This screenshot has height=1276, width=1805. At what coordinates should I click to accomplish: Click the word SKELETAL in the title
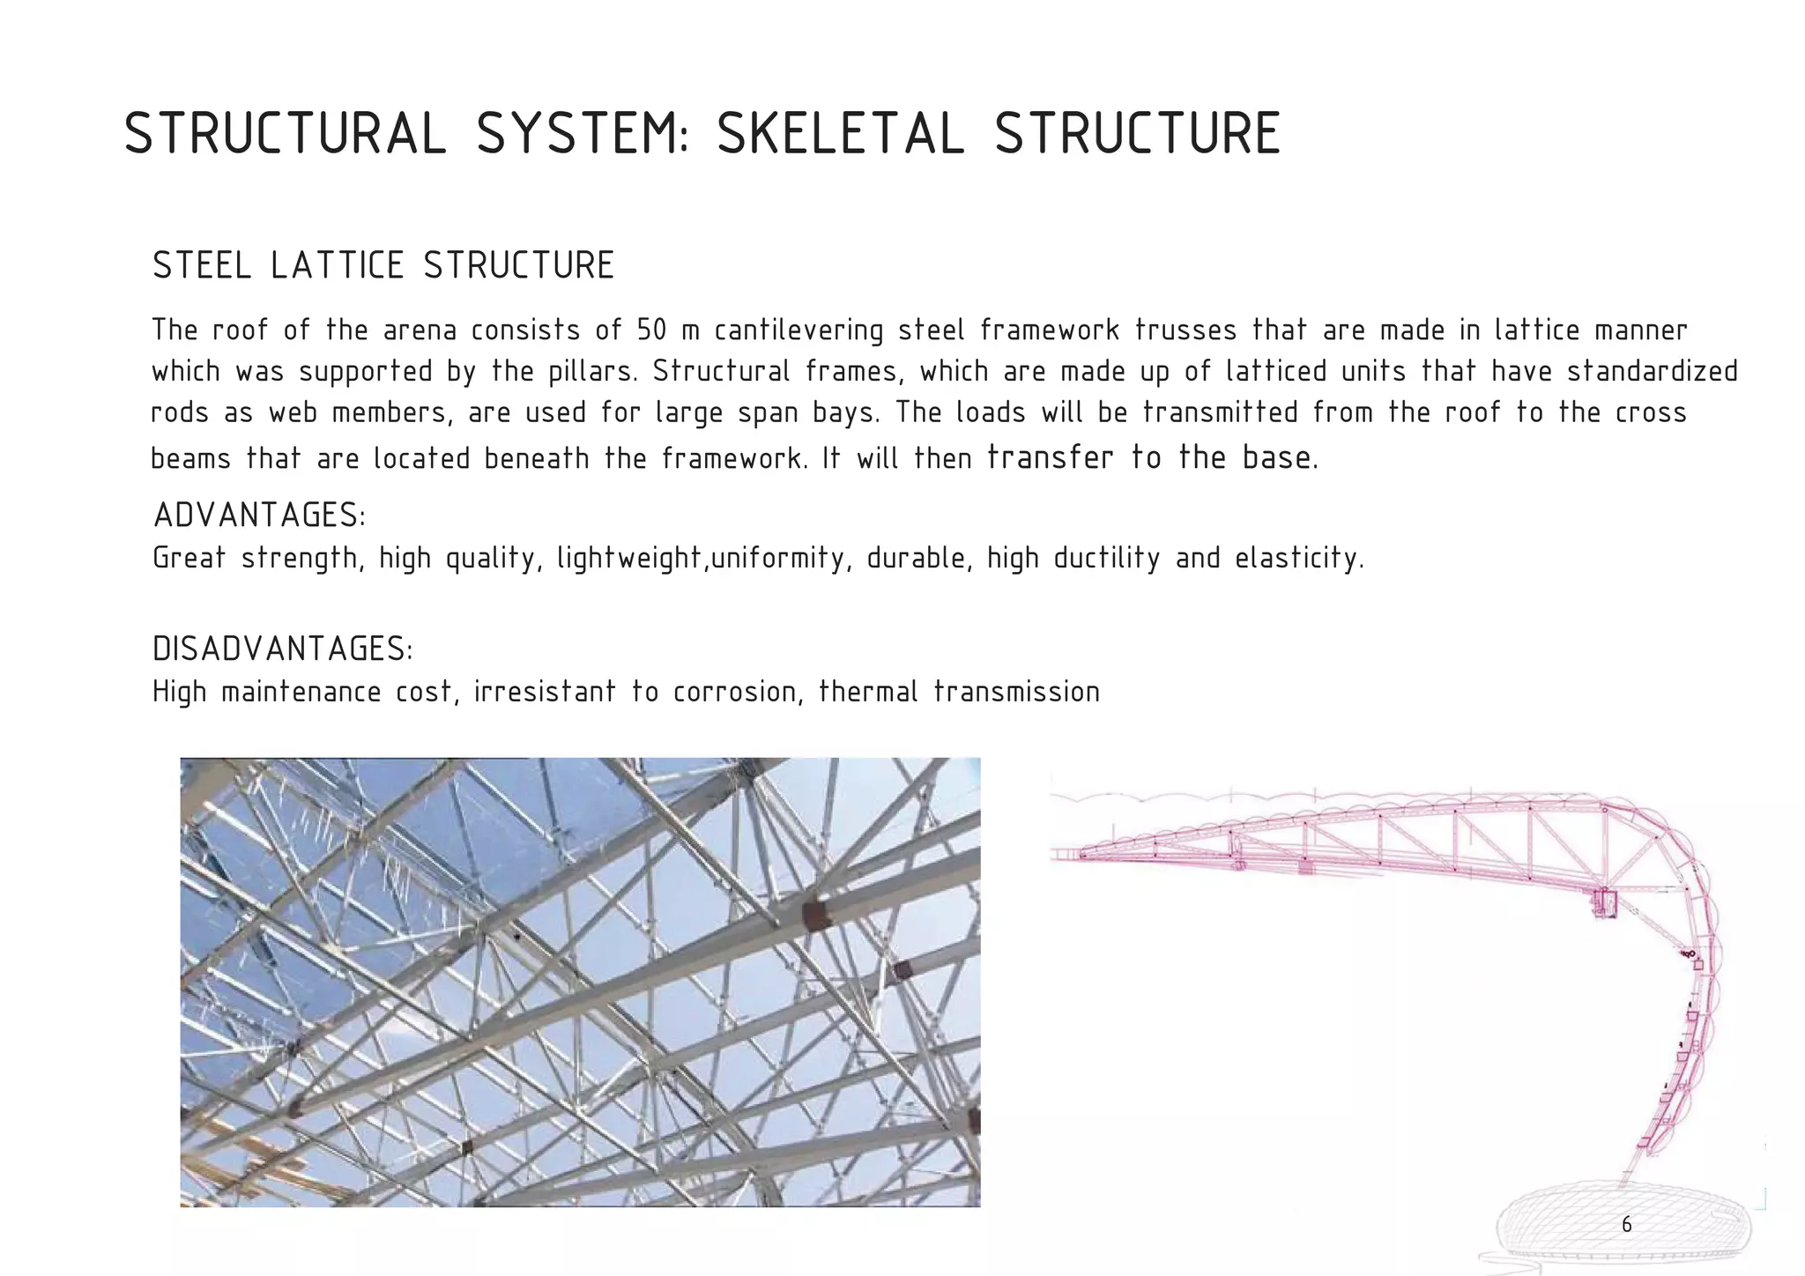841,135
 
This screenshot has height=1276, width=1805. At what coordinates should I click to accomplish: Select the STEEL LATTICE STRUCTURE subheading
383,266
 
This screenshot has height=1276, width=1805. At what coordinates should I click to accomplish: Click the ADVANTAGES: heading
260,516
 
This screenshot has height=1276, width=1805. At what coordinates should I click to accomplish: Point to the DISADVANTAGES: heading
283,649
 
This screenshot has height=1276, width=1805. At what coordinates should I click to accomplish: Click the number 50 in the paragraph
652,330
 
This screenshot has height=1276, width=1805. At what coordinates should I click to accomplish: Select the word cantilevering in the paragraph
799,330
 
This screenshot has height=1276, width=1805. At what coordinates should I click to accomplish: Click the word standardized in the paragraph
1652,372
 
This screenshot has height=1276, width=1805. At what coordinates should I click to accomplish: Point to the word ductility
1107,559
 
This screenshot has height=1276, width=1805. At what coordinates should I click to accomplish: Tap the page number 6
1626,1225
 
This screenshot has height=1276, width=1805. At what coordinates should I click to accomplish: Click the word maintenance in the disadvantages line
301,693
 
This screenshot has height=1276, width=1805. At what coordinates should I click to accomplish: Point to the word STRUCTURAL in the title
286,135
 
